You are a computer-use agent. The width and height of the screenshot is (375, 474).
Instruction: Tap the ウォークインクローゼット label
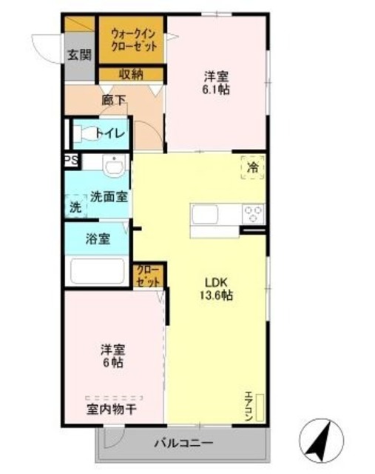134,39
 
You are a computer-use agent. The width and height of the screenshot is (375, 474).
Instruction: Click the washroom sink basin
112,167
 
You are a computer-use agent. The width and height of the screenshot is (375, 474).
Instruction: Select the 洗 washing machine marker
75,207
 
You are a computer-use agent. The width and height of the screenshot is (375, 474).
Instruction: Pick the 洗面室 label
109,197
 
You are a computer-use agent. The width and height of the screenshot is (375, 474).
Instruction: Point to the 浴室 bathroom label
98,240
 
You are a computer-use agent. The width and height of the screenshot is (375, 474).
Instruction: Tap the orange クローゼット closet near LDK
148,276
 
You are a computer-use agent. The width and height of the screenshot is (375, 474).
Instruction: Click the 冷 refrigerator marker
253,168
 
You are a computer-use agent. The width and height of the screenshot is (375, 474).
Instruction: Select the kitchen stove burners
253,215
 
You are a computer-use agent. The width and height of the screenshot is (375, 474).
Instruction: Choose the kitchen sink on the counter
205,215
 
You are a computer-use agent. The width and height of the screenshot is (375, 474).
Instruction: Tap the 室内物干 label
115,409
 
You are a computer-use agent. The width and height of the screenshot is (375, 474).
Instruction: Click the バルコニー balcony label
183,444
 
